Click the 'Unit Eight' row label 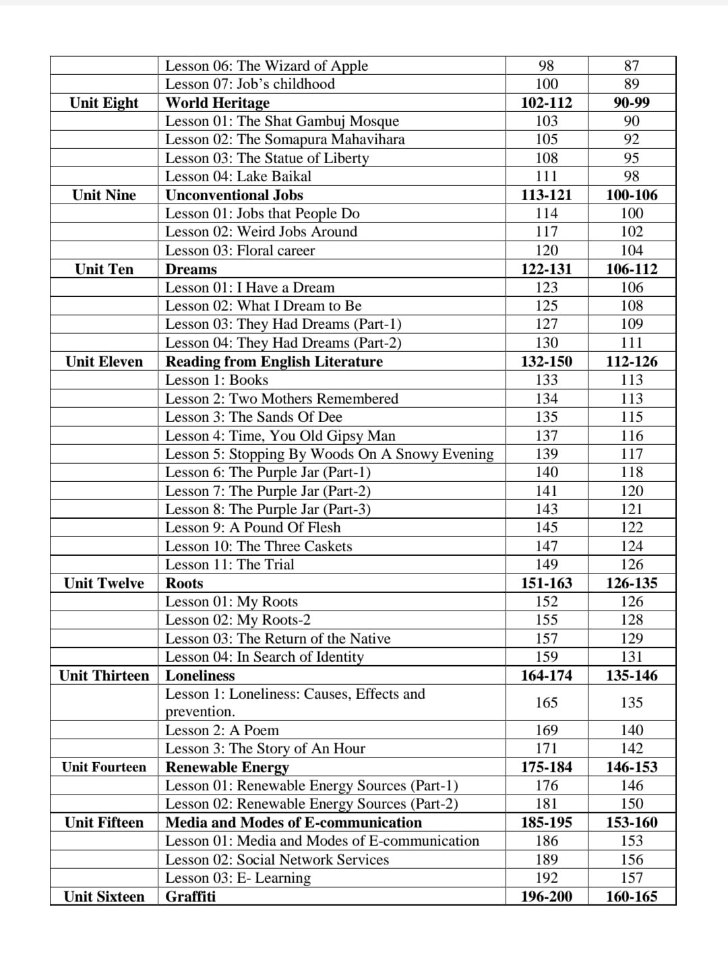tap(104, 102)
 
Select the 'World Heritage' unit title tap(217, 102)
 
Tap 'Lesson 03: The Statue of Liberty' tap(267, 158)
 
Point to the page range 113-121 tap(546, 195)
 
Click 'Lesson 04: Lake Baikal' tap(238, 177)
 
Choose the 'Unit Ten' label tap(104, 269)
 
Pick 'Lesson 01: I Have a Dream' tap(249, 287)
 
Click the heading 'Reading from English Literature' tap(274, 361)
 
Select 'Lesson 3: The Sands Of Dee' tap(253, 416)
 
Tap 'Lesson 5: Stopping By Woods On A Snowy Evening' tap(329, 454)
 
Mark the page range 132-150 tap(546, 361)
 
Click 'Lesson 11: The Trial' tap(230, 564)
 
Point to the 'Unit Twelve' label tap(104, 583)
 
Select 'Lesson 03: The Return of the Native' tap(278, 638)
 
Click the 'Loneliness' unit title tap(200, 675)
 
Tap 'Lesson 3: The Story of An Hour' tap(265, 748)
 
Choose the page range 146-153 tap(632, 767)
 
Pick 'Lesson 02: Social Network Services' tap(277, 859)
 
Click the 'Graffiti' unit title tap(191, 896)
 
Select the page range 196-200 tap(546, 896)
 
